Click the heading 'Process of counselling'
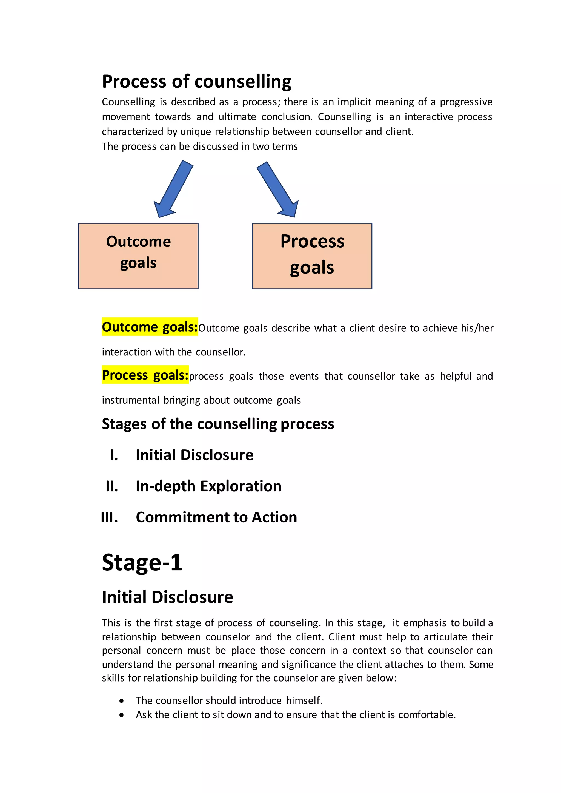(x=197, y=82)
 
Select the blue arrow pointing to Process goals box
(x=278, y=189)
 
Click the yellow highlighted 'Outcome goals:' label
(x=150, y=327)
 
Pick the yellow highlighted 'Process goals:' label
(x=145, y=375)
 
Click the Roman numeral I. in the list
(x=114, y=455)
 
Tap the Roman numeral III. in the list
(x=110, y=517)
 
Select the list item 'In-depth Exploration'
(x=209, y=486)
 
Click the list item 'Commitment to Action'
(x=216, y=517)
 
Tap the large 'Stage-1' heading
(x=142, y=562)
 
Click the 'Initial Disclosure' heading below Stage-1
(x=168, y=597)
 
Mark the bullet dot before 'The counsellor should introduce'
(x=121, y=701)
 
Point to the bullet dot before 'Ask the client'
(x=121, y=715)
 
